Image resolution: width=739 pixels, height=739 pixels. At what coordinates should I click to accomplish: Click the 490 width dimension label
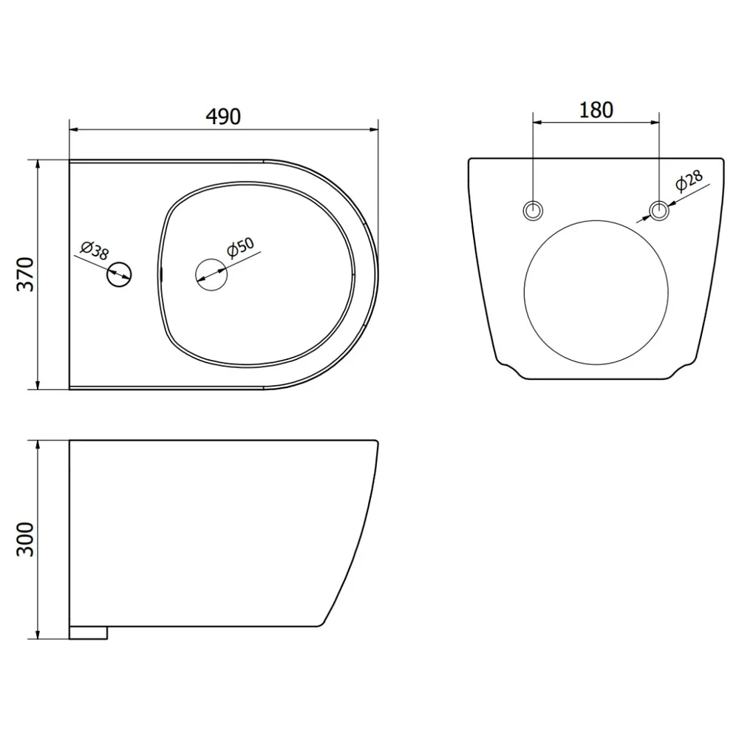pos(223,117)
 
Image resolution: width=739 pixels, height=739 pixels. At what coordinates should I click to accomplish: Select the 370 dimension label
pos(25,274)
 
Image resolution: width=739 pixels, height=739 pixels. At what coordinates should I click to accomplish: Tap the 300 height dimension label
pos(25,539)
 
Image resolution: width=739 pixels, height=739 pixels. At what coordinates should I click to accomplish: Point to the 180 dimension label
pos(596,110)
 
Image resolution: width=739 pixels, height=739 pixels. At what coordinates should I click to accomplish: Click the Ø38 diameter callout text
pos(95,251)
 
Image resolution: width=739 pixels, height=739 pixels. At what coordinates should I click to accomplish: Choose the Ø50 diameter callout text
pos(240,248)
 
